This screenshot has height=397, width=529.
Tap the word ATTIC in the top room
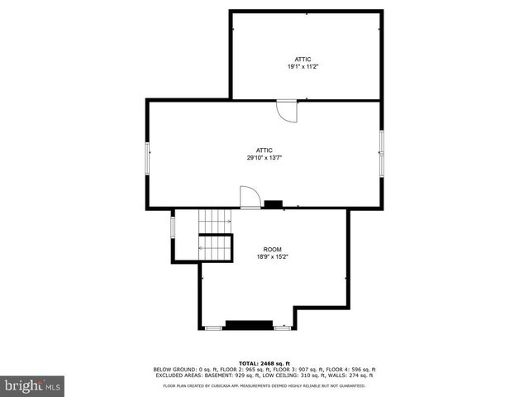(303, 59)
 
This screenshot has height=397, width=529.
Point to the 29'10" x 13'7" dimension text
(264, 158)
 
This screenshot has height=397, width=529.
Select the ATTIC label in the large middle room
(264, 150)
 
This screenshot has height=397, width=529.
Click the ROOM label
(272, 249)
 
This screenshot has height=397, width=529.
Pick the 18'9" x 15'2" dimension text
(272, 257)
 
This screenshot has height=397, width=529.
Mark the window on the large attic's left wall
(148, 157)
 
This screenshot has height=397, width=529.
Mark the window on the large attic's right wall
(381, 153)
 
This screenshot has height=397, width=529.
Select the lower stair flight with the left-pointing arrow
(214, 247)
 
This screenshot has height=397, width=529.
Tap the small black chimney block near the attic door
(273, 203)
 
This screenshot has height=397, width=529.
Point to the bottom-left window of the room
(213, 328)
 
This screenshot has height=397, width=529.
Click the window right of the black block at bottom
(282, 328)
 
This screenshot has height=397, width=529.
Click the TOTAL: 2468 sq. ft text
(264, 363)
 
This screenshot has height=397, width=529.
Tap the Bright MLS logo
(33, 385)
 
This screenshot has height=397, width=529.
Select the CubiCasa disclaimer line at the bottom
(264, 385)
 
